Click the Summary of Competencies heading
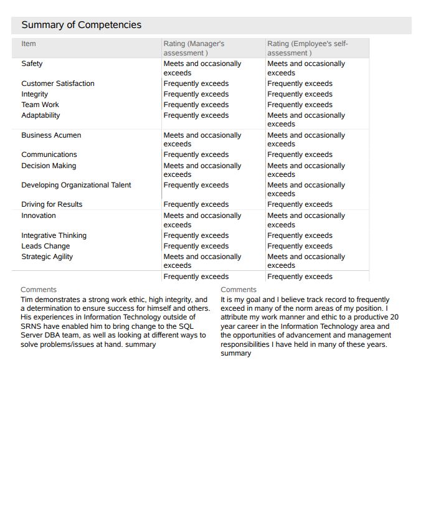coord(82,25)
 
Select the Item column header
coord(29,44)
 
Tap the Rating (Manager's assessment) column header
coord(194,48)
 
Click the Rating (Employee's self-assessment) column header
coord(307,48)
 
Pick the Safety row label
coord(32,64)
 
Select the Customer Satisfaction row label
coord(58,83)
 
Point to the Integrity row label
coord(34,94)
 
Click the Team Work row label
coord(40,105)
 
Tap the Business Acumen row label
coord(51,135)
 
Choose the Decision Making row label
coord(49,166)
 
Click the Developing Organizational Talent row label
coord(76,185)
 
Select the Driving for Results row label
coord(52,204)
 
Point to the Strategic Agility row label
coord(47,257)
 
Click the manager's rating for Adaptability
coord(196,115)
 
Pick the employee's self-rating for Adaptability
coord(306,120)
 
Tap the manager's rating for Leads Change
coord(196,246)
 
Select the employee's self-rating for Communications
coord(300,154)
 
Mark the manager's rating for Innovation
coord(202,220)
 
